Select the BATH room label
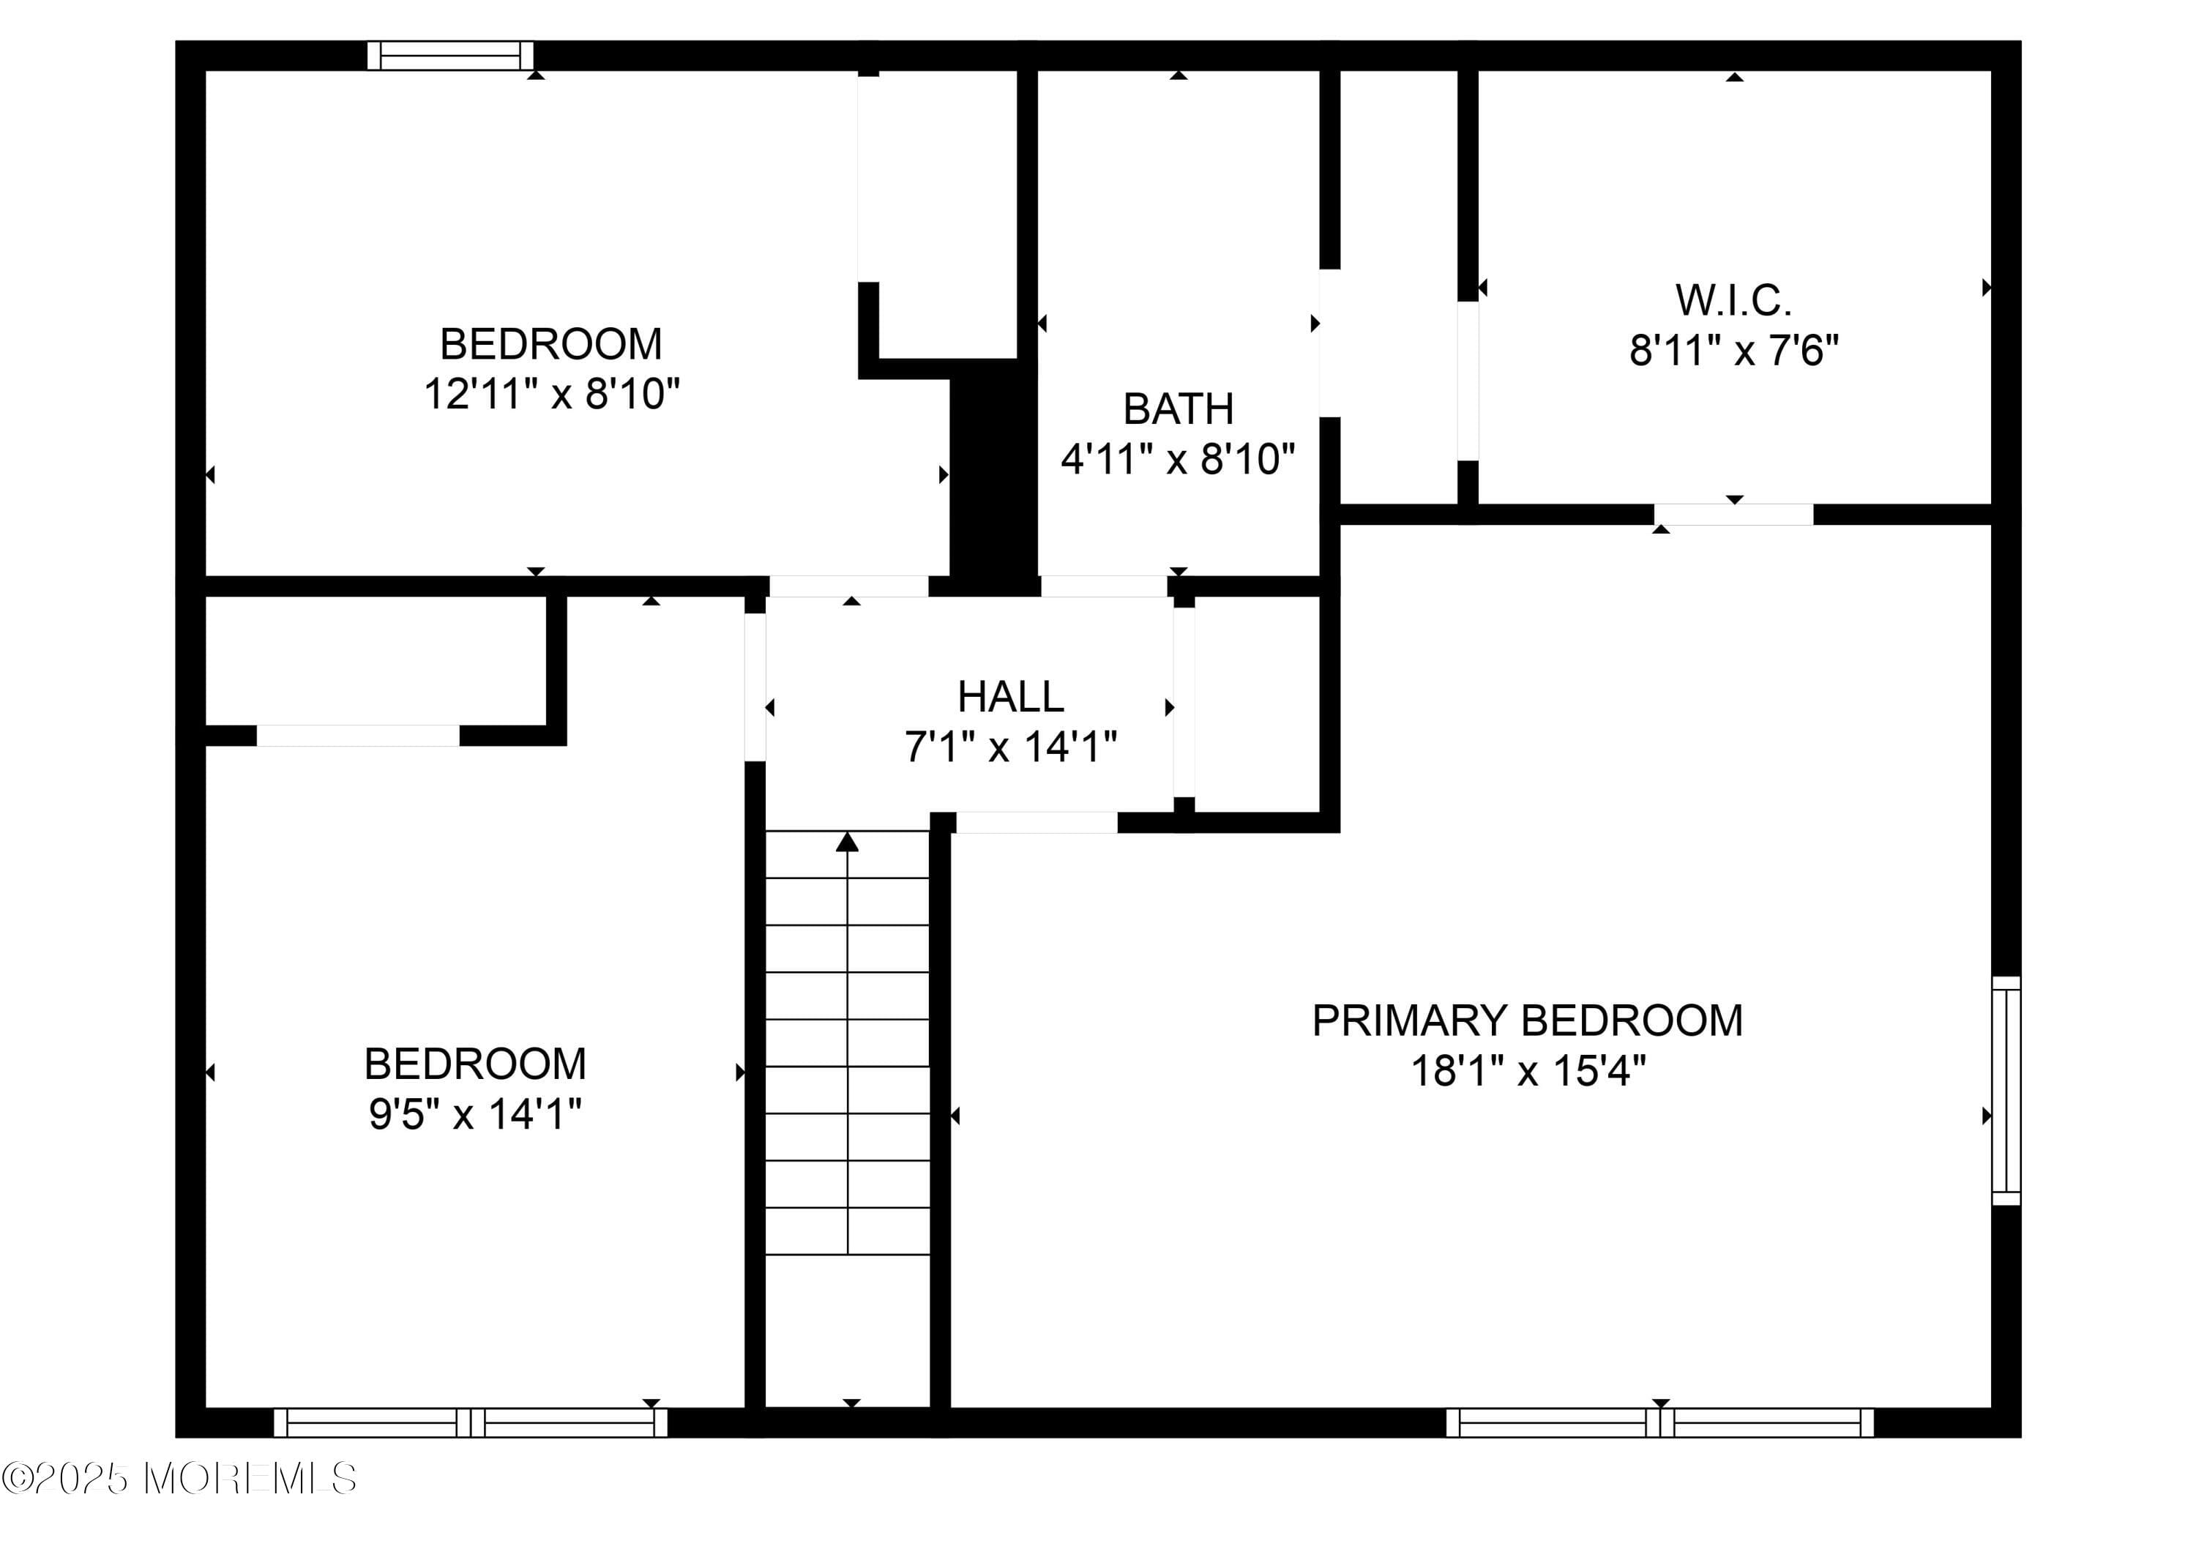click(x=1179, y=408)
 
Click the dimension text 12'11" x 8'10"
click(x=552, y=393)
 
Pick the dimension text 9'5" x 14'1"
click(x=475, y=1113)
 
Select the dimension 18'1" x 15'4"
click(x=1528, y=1071)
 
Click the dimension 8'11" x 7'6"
click(x=1734, y=351)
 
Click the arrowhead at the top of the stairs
click(x=848, y=842)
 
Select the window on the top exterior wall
click(x=450, y=56)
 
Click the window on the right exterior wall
click(x=2006, y=1090)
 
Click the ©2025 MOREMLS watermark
click(x=180, y=1479)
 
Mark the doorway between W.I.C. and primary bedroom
click(x=1733, y=514)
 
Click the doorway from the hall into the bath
click(x=1104, y=586)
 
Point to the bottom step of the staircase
click(x=848, y=1231)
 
